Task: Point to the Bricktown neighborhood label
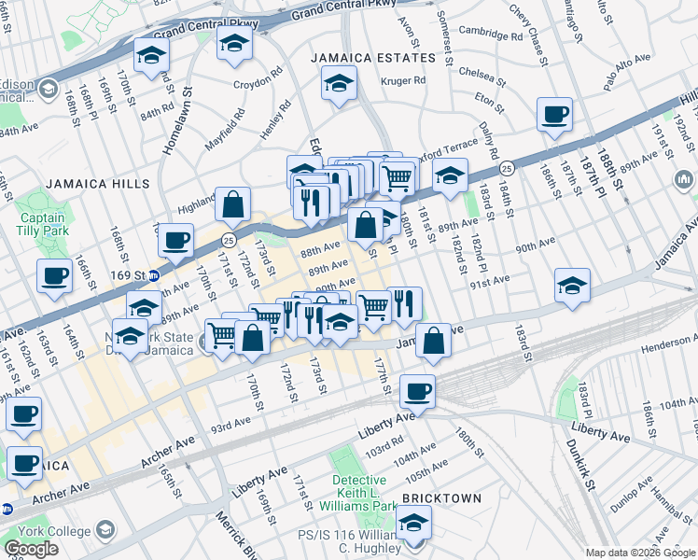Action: pyautogui.click(x=442, y=498)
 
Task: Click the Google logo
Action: pyautogui.click(x=31, y=549)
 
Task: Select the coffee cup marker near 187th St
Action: pyautogui.click(x=555, y=115)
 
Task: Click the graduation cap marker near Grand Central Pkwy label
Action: pyautogui.click(x=234, y=43)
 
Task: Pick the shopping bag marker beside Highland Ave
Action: pyautogui.click(x=232, y=203)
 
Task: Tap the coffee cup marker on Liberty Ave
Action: pyautogui.click(x=417, y=391)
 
